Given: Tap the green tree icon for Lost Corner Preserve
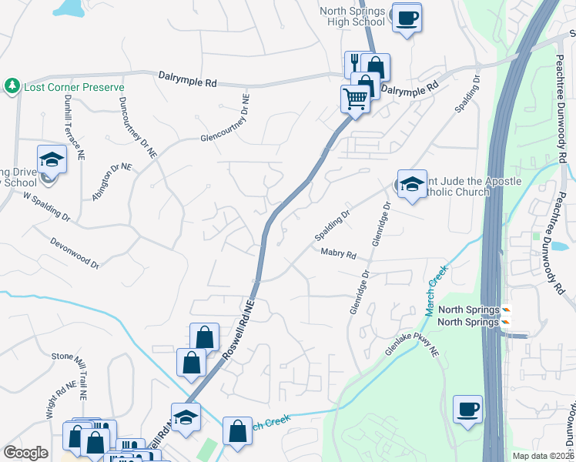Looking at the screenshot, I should (12, 85).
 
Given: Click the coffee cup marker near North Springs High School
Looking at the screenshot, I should (407, 17).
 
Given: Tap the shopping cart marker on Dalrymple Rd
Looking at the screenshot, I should (355, 99).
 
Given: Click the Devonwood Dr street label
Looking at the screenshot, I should (74, 253).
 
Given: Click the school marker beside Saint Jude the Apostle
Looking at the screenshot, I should (412, 183).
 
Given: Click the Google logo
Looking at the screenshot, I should (25, 453).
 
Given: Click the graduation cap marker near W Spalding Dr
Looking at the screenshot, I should (52, 159).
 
